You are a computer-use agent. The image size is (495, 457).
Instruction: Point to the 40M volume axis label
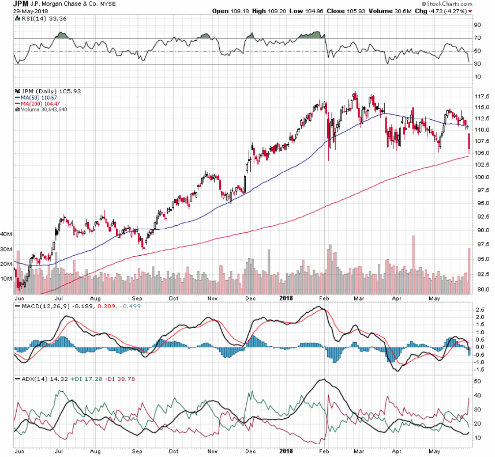coord(6,235)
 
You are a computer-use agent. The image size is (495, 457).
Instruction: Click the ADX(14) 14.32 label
coord(35,379)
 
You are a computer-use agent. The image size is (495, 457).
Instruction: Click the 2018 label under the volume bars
coord(287,297)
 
